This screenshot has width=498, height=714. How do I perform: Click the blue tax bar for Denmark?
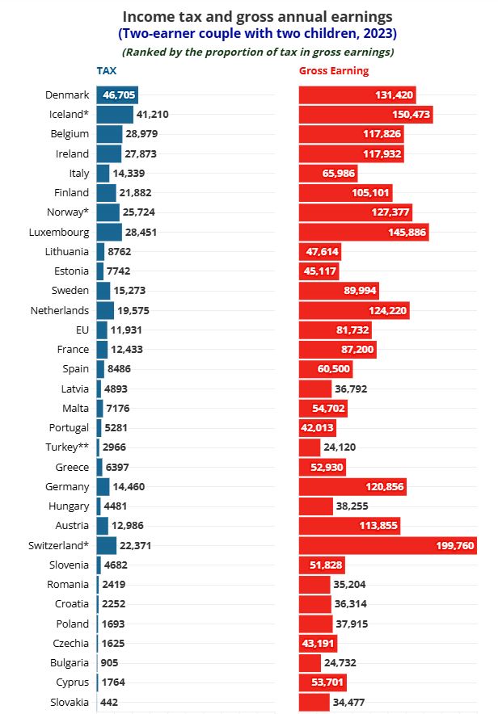[x=117, y=94]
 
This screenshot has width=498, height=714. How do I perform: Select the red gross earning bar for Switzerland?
[x=387, y=545]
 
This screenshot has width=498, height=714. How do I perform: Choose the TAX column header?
[x=106, y=71]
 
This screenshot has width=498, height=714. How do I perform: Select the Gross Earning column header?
[x=333, y=71]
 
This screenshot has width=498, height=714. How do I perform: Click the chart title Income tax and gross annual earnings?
[x=258, y=16]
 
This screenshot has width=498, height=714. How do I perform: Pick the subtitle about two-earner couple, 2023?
[x=258, y=34]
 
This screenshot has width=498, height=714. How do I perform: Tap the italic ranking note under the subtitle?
[x=258, y=52]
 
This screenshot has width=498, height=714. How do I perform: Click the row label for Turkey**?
[x=67, y=447]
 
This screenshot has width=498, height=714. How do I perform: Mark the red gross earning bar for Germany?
[x=352, y=486]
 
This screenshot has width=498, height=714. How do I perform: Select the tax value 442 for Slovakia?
[x=109, y=702]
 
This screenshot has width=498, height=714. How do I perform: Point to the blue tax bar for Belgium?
[x=109, y=134]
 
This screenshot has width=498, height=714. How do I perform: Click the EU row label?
[x=81, y=330]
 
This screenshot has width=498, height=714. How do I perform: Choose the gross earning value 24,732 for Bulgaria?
[x=340, y=662]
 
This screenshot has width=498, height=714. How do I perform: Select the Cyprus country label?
[x=70, y=682]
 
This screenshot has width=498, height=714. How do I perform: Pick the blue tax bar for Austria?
[x=103, y=526]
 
